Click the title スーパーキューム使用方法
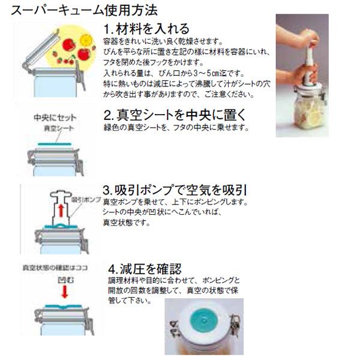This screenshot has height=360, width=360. point(84,10)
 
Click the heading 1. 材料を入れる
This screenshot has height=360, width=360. point(146,29)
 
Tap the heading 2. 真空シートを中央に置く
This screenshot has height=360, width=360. point(175,115)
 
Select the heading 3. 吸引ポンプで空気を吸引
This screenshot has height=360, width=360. point(175,190)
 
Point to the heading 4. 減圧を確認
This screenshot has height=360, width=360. point(145,269)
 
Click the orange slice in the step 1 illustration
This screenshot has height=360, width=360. point(86,40)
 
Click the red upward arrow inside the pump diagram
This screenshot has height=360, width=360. point(61,211)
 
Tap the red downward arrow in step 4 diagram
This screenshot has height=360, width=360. point(65,292)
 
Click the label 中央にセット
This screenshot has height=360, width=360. point(55,118)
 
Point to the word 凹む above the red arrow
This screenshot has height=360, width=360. point(65,280)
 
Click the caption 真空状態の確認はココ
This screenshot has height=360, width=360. point(55,268)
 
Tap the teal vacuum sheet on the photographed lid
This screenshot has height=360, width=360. point(203,320)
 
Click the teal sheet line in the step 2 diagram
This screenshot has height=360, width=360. point(55,144)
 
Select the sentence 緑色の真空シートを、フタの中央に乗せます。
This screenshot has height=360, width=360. point(176,128)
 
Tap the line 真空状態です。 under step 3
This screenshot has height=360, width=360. point(127,223)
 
